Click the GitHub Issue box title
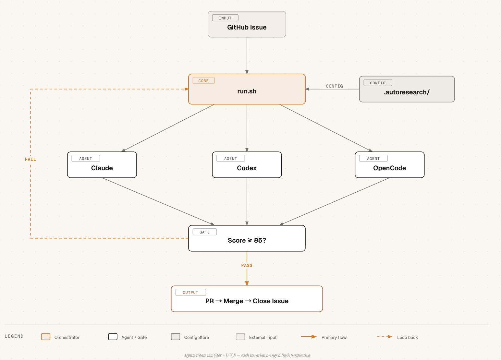247,27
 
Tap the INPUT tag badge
225,18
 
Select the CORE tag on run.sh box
203,80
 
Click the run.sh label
247,91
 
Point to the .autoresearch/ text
407,92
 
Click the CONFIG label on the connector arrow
334,86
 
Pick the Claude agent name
102,168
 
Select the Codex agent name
247,168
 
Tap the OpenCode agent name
389,168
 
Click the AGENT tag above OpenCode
373,158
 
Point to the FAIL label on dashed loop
31,160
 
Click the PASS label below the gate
247,265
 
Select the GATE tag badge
205,232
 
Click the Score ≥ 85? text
247,240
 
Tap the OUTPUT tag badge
190,292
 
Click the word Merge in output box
233,301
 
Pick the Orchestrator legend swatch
46,337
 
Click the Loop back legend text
407,337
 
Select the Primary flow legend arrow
309,337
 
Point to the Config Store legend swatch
175,337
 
